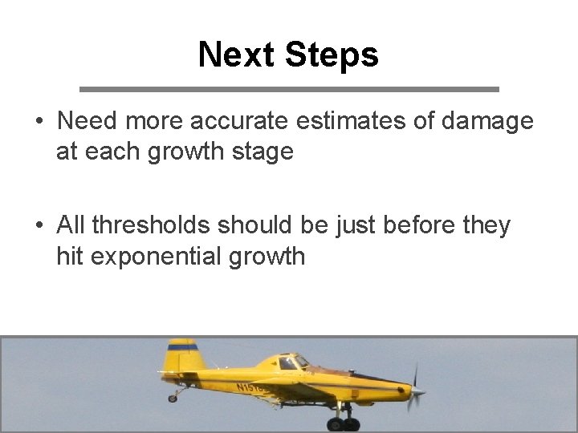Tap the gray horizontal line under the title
(x=289, y=88)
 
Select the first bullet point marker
(x=39, y=122)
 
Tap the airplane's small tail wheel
(x=172, y=398)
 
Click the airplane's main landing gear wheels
(x=343, y=423)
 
